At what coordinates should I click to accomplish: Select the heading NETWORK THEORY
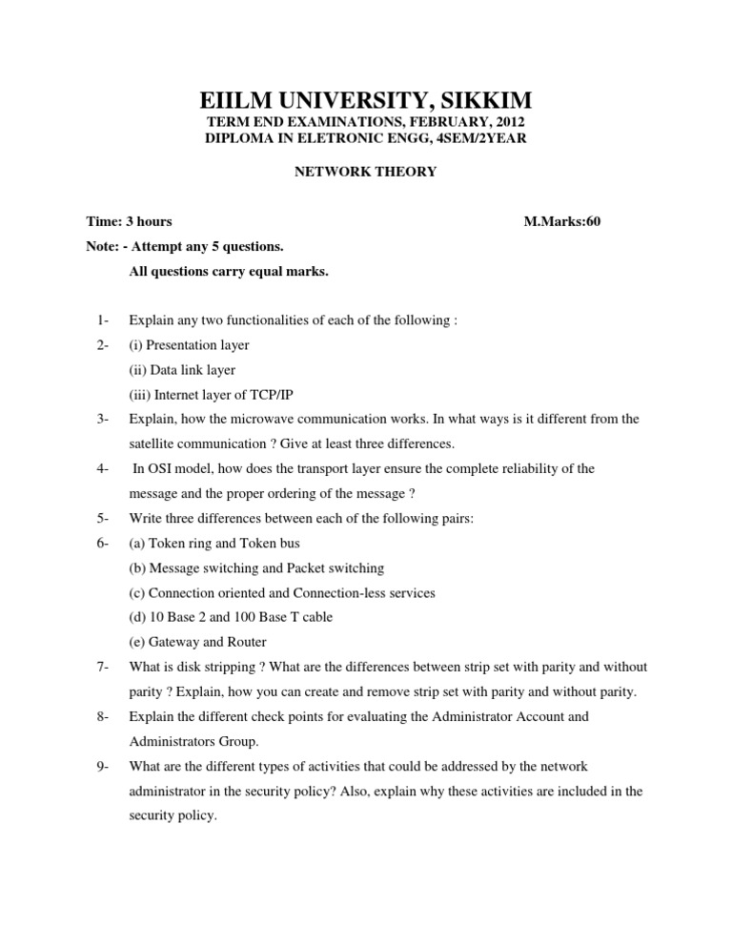point(366,172)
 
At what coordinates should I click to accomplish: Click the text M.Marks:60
point(562,221)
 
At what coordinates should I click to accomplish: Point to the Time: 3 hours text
point(129,221)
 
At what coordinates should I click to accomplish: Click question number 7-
point(104,667)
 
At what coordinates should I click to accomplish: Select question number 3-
point(104,419)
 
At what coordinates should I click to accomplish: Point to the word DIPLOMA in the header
point(238,139)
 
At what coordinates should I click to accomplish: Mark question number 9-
point(104,766)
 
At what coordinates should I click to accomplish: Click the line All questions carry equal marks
point(229,271)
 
